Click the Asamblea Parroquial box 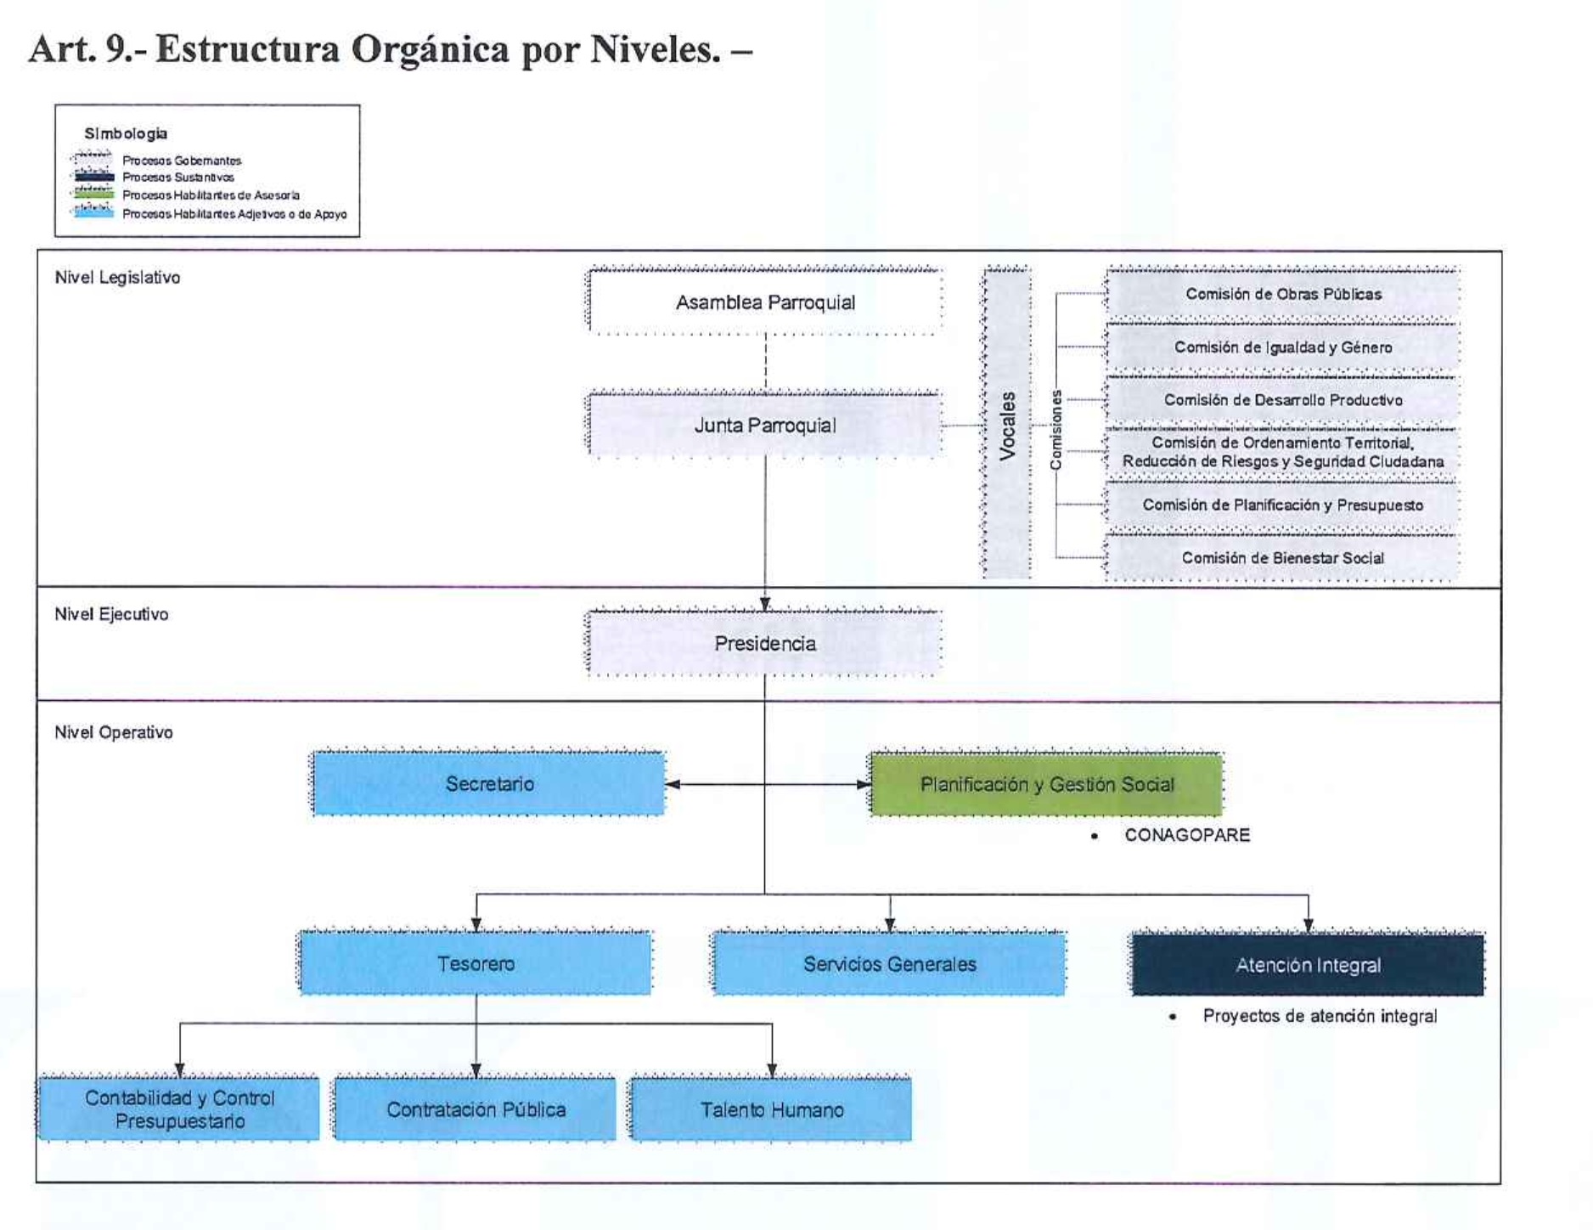(x=765, y=302)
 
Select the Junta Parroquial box (x=765, y=425)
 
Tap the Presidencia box (x=765, y=643)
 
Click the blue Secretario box (x=489, y=783)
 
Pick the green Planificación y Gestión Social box (x=1047, y=784)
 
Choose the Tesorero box (x=476, y=963)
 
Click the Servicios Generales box (x=889, y=963)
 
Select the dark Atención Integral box (x=1308, y=965)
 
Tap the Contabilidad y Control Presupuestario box (x=179, y=1109)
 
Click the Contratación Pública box (x=476, y=1109)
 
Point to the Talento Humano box (x=771, y=1109)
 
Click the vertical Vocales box (x=1007, y=425)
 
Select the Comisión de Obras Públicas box (x=1283, y=294)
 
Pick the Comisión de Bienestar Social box (x=1283, y=557)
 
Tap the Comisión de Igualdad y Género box (x=1283, y=347)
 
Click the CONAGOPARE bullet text (x=1186, y=835)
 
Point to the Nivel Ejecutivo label (x=111, y=614)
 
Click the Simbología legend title (x=126, y=133)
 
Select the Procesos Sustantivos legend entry (x=177, y=178)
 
